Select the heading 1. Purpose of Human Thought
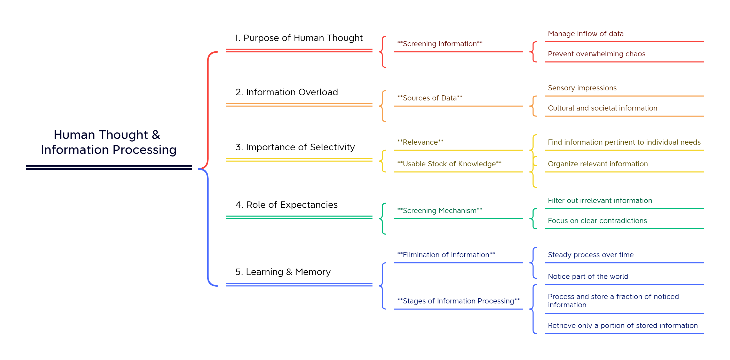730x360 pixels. click(x=299, y=38)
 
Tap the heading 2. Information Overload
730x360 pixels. click(x=287, y=92)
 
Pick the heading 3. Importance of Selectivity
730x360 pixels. click(x=295, y=147)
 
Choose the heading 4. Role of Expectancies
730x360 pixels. click(x=286, y=205)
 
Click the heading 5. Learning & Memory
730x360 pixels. click(x=283, y=272)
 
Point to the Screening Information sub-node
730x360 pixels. click(x=440, y=44)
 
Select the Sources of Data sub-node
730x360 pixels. click(x=430, y=98)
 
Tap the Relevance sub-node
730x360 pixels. click(x=420, y=142)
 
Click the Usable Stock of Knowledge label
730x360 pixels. click(x=449, y=164)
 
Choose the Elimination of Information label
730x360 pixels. click(x=446, y=255)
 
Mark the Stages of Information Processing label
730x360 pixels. click(x=458, y=301)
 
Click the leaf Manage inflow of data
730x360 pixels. click(x=585, y=34)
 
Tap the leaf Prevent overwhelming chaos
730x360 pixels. click(x=596, y=54)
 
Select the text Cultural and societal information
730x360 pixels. click(x=602, y=108)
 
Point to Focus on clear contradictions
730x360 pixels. click(x=597, y=221)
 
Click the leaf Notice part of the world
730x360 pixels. click(x=588, y=276)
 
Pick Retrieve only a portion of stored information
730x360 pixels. click(x=623, y=325)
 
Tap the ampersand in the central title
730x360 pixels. click(x=156, y=135)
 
